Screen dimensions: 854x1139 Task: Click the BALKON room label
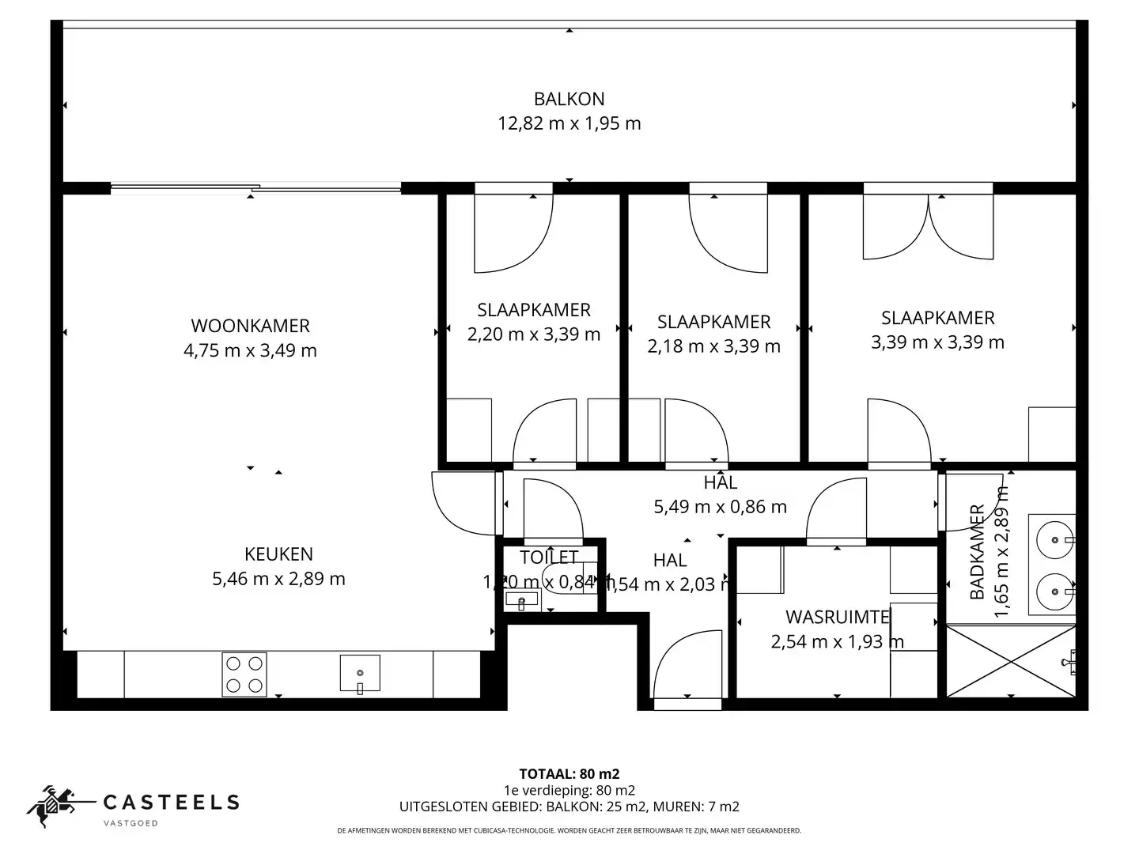tap(569, 99)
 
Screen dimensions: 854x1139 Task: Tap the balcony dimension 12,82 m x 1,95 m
tap(569, 123)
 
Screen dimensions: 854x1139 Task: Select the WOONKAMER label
tap(250, 326)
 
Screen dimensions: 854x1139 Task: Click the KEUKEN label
tap(278, 554)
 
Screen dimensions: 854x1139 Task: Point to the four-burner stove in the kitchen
tap(244, 675)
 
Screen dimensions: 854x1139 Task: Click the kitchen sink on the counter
tap(360, 673)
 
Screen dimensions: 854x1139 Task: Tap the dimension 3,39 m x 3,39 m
tap(937, 342)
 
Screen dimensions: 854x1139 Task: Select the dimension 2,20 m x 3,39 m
tap(533, 334)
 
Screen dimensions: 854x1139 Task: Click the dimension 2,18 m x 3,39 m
tap(713, 346)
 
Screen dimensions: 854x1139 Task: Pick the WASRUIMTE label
tap(837, 617)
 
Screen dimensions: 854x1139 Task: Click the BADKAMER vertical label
tap(978, 552)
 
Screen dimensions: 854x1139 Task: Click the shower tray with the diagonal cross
tap(1010, 661)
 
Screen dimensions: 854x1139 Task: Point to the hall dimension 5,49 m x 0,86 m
tap(720, 507)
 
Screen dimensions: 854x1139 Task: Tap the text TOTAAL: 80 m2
tap(569, 774)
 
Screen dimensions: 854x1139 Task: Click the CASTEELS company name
tap(172, 803)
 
